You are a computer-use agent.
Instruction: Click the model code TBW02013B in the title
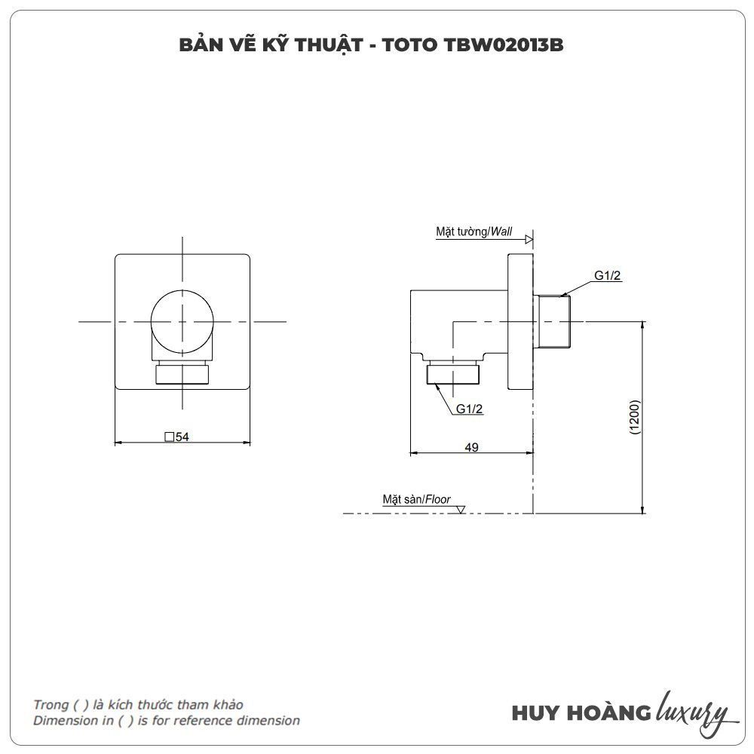[504, 45]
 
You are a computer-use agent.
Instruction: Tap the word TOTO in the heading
[410, 45]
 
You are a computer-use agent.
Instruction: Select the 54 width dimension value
[182, 437]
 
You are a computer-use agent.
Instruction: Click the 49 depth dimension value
[471, 447]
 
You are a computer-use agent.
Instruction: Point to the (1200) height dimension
[635, 417]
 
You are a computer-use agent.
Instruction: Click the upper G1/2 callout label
[607, 275]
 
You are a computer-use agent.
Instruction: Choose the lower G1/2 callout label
[469, 409]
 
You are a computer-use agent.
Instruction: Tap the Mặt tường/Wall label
[474, 231]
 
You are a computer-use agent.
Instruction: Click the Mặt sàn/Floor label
[416, 499]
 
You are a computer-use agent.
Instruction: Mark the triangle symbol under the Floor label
[460, 509]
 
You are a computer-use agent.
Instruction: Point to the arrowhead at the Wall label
[529, 239]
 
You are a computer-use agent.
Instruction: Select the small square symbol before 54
[169, 437]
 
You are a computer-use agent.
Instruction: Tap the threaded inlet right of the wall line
[553, 321]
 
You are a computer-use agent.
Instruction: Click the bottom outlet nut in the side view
[453, 374]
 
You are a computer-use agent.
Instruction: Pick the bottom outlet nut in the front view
[182, 375]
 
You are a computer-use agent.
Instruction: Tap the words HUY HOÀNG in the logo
[581, 713]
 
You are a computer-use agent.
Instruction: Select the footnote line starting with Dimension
[167, 720]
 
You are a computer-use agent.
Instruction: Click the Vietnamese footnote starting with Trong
[138, 704]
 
